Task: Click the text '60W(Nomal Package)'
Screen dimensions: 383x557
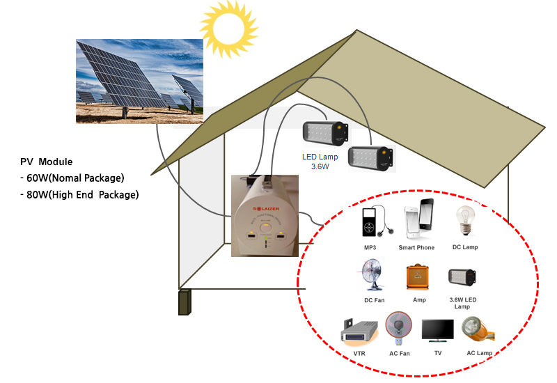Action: pos(77,178)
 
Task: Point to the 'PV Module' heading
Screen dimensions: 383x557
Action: pos(47,162)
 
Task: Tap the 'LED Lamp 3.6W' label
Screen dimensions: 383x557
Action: pos(319,162)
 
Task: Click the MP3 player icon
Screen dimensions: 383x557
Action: pos(370,223)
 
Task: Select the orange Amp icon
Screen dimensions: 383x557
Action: pos(418,276)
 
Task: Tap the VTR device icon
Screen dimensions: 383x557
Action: pos(359,333)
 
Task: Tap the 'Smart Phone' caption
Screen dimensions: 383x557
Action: pos(417,247)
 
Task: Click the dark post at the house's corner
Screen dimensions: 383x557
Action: pos(185,302)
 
